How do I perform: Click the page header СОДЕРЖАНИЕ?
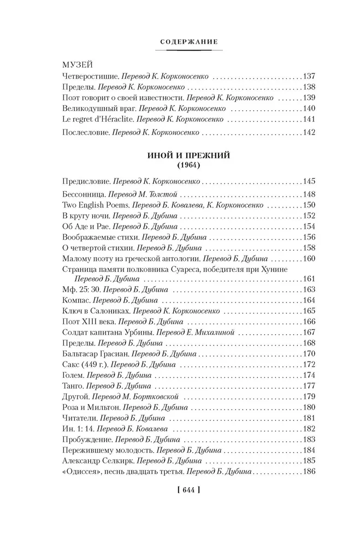(180, 41)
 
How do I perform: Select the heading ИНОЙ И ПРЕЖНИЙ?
(180, 156)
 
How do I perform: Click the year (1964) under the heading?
(180, 165)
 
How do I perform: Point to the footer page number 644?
(180, 490)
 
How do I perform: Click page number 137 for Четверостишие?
(310, 77)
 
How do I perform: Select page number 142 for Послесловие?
(310, 133)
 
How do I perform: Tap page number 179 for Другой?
(310, 396)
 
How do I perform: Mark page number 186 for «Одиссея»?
(310, 471)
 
